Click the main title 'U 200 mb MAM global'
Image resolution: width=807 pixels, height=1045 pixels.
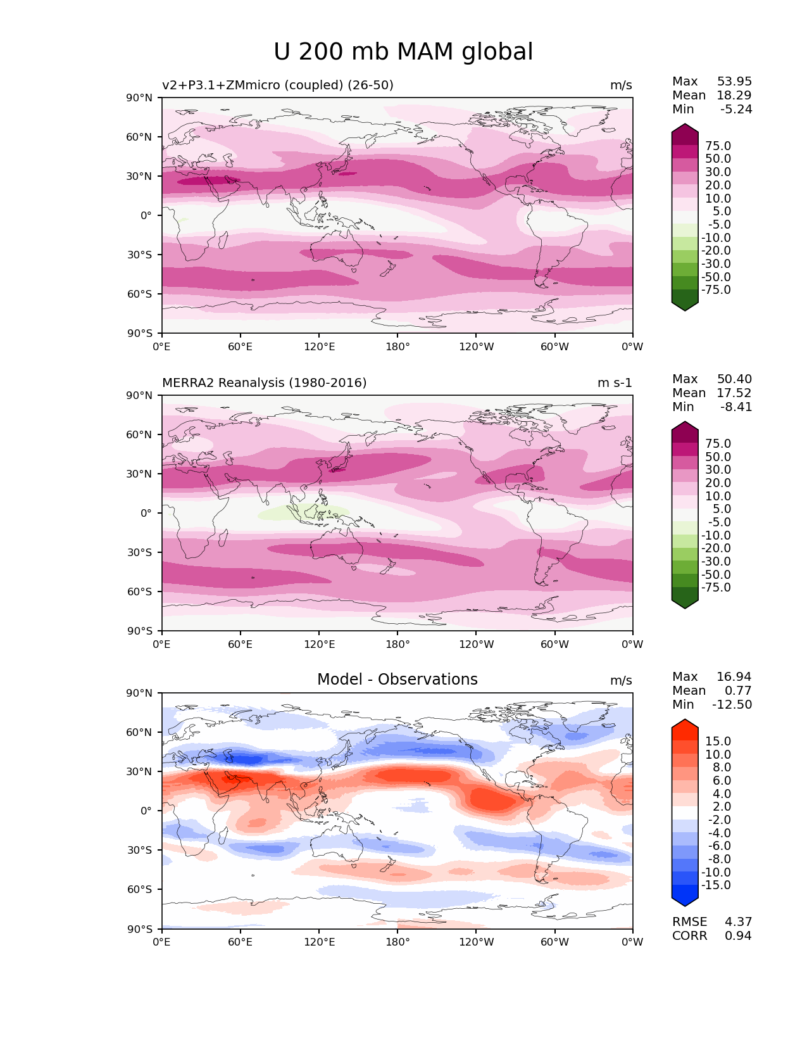coord(403,52)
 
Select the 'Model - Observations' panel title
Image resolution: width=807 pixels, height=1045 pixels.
coord(397,680)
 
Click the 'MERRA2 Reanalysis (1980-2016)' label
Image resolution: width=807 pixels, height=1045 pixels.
coord(264,383)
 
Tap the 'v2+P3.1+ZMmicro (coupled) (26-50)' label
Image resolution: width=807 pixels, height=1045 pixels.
coord(277,85)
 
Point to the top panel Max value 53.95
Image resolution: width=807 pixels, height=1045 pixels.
coord(734,81)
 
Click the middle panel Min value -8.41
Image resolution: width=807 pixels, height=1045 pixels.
coord(736,407)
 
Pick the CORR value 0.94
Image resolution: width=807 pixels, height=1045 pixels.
coord(738,935)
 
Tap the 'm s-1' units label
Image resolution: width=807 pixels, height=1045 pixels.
coord(615,383)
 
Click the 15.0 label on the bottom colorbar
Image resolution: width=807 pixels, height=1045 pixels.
coord(718,741)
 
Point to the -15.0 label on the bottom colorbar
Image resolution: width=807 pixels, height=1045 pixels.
coord(716,885)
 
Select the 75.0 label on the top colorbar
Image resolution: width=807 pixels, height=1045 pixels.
coord(718,146)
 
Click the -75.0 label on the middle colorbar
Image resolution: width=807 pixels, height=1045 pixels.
coord(716,587)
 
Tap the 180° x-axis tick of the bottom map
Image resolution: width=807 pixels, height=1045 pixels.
coord(397,942)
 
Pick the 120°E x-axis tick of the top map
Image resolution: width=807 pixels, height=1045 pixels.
coord(319,346)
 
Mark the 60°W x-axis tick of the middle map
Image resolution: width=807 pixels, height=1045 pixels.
coord(554,644)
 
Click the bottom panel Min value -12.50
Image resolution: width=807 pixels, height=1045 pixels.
coord(732,704)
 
